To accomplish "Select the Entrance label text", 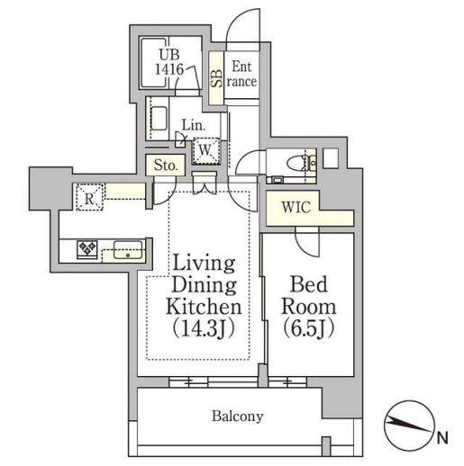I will [x=242, y=73].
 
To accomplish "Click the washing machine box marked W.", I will [x=206, y=148].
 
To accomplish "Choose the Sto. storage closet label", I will [x=166, y=166].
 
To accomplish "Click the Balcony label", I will [x=237, y=416].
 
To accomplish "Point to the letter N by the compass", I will [x=441, y=439].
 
